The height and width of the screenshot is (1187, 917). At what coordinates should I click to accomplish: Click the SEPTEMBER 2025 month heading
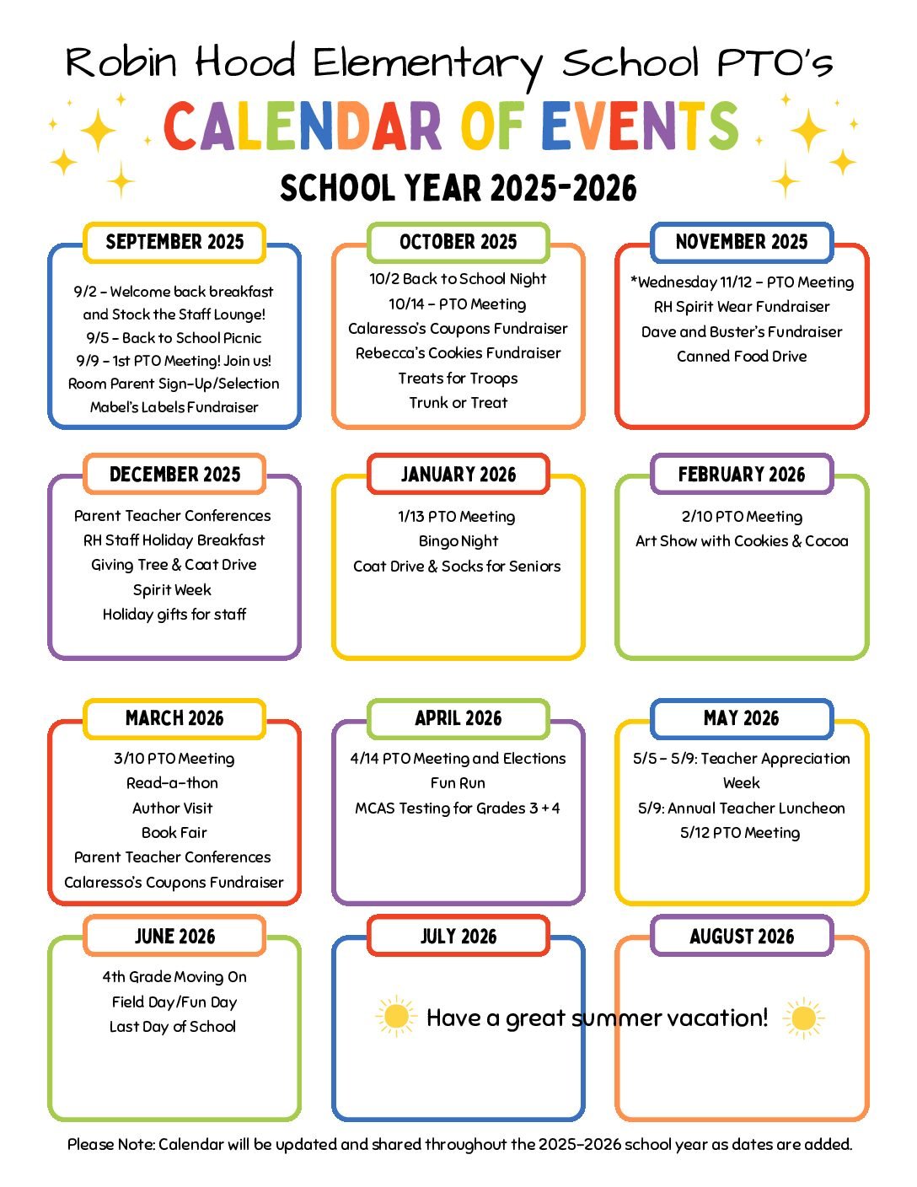pyautogui.click(x=174, y=242)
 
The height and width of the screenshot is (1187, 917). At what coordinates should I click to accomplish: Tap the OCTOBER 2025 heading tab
pyautogui.click(x=458, y=242)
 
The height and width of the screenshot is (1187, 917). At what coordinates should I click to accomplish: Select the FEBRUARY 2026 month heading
pyautogui.click(x=742, y=474)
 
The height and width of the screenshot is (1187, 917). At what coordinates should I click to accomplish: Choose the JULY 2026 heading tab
pyautogui.click(x=458, y=936)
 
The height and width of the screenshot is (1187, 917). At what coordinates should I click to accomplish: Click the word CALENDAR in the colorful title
pyautogui.click(x=302, y=126)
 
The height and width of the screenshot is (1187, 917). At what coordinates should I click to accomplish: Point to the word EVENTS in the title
pyautogui.click(x=640, y=126)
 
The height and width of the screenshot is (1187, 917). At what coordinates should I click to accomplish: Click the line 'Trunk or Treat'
pyautogui.click(x=458, y=403)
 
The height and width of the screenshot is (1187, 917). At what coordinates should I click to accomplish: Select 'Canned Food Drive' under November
pyautogui.click(x=742, y=357)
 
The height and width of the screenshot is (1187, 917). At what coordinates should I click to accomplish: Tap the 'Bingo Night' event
pyautogui.click(x=458, y=541)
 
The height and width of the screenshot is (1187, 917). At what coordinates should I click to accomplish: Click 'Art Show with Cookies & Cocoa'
pyautogui.click(x=742, y=541)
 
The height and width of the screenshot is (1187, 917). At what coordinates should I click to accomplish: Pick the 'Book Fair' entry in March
pyautogui.click(x=174, y=833)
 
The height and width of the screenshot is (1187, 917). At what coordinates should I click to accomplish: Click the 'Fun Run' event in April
pyautogui.click(x=458, y=783)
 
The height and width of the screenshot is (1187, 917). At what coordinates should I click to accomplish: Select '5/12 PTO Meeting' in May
pyautogui.click(x=740, y=833)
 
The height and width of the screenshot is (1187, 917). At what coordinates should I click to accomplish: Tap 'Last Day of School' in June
pyautogui.click(x=173, y=1027)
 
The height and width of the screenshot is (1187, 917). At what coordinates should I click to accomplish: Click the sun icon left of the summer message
pyautogui.click(x=395, y=1017)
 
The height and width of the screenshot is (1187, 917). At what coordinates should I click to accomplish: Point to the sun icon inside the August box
pyautogui.click(x=803, y=1018)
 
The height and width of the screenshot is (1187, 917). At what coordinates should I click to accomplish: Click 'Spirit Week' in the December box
pyautogui.click(x=172, y=590)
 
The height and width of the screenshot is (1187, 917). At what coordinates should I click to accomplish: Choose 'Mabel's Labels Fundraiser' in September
pyautogui.click(x=174, y=407)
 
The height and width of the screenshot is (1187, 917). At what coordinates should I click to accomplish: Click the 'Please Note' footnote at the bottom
pyautogui.click(x=459, y=1145)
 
